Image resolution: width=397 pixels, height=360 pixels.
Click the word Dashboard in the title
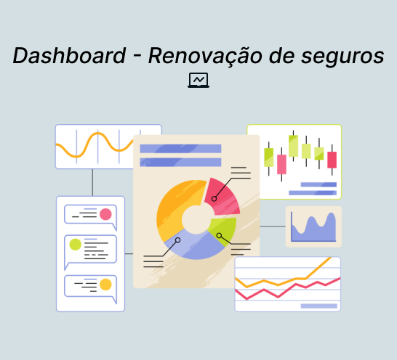[x=69, y=55]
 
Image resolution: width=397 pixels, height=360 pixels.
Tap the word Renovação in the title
[x=205, y=57]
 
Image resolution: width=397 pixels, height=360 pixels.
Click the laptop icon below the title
[x=198, y=80]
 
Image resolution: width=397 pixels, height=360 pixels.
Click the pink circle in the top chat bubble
[x=105, y=214]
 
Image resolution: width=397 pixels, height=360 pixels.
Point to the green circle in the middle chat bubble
[x=75, y=245]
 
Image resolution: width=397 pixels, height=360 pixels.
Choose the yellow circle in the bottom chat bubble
[x=105, y=285]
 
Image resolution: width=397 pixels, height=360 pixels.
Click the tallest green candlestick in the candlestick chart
[x=294, y=146]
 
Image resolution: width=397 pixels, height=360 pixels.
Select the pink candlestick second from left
[x=281, y=164]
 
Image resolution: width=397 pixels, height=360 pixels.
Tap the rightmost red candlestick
[x=332, y=160]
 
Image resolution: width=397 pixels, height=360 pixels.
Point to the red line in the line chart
[x=288, y=289]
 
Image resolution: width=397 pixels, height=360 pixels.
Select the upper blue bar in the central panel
[x=180, y=149]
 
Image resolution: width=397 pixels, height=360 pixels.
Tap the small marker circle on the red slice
[x=214, y=199]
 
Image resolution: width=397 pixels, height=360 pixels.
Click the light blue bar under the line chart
[x=319, y=306]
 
